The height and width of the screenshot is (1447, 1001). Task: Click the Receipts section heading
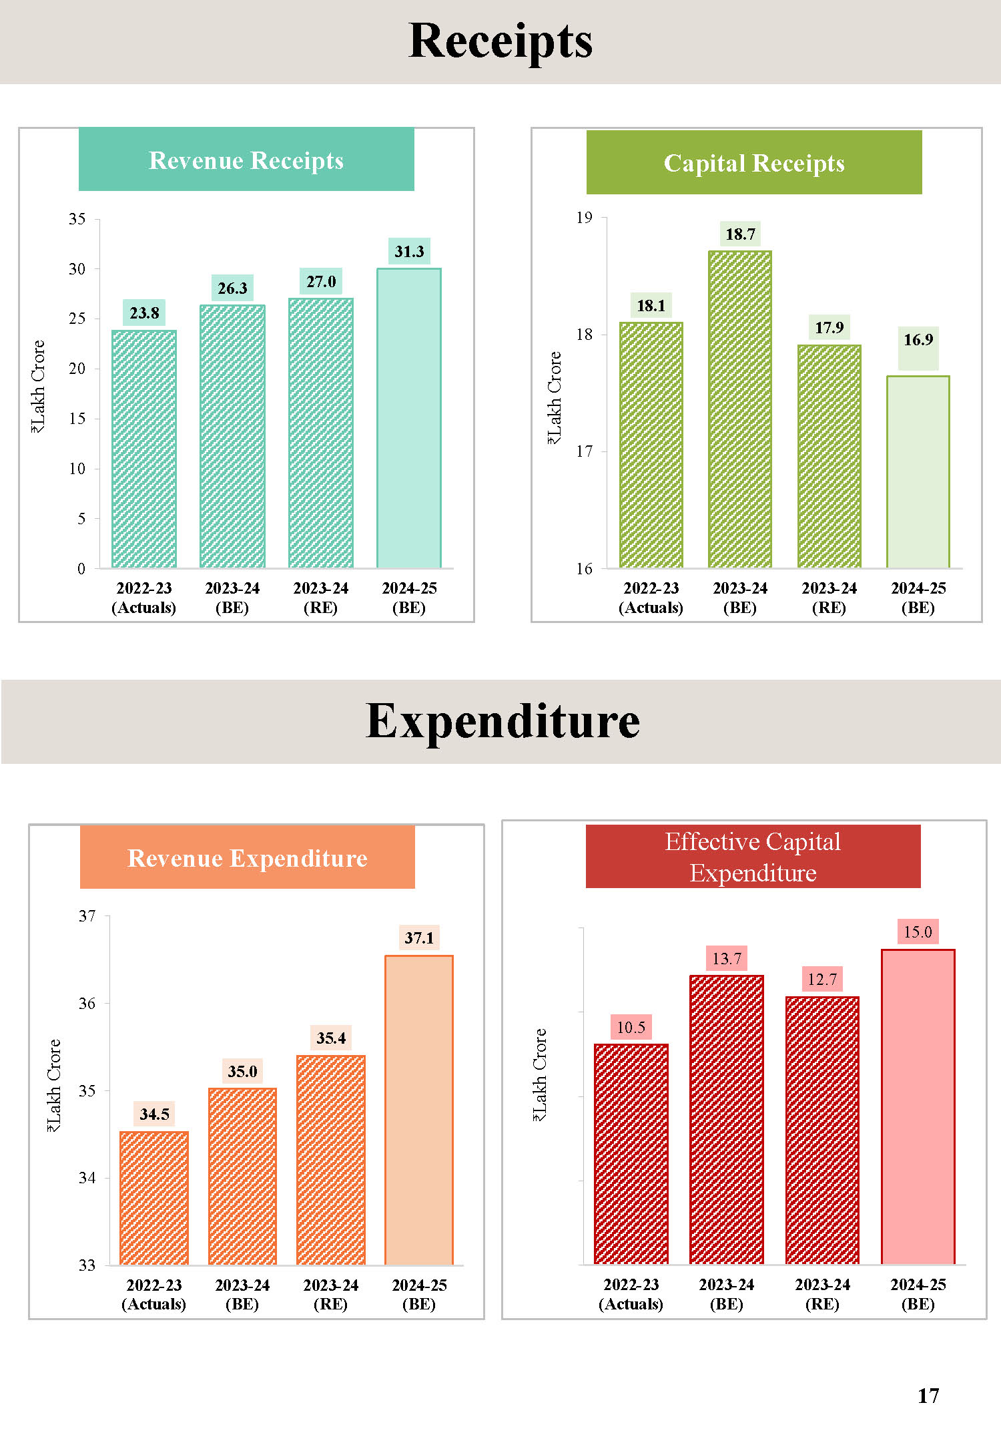point(500,41)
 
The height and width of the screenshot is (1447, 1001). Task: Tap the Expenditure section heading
point(503,722)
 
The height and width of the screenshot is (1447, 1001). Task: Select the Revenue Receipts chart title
point(246,160)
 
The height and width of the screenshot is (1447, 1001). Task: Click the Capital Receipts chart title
point(754,163)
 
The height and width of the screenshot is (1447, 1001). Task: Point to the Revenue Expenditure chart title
point(247,858)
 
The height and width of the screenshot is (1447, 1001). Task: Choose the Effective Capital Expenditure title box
point(753,857)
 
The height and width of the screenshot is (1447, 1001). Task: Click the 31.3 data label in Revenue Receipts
point(409,252)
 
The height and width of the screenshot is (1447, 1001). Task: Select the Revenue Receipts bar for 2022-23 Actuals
point(144,449)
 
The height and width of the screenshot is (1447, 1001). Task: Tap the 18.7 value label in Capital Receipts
point(740,234)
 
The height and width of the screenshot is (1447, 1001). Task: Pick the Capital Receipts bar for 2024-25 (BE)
point(918,471)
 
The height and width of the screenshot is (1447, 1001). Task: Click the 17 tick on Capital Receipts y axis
point(585,452)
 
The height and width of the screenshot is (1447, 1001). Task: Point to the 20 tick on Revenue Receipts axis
point(77,369)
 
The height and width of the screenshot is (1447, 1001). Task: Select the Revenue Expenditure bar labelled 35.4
point(330,1160)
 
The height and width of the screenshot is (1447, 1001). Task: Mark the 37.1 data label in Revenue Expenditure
point(419,938)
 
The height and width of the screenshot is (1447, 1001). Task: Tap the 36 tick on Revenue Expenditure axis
point(87,1004)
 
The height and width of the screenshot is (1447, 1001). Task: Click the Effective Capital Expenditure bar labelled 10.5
point(631,1154)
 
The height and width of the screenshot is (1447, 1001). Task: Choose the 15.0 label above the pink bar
point(918,932)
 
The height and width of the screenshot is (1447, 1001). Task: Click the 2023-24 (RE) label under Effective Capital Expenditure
point(822,1294)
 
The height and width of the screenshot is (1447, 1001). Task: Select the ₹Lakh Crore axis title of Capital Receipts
point(555,398)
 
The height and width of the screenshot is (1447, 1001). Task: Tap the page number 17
point(928,1396)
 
